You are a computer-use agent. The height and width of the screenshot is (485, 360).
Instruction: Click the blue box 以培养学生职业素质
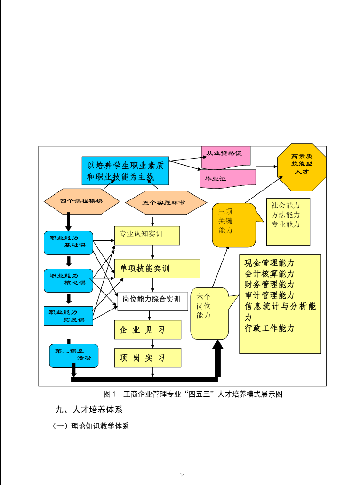coord(125,171)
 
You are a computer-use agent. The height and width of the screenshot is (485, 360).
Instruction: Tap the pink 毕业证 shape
coord(227,178)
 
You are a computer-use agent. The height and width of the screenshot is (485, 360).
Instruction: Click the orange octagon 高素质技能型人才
coord(301,167)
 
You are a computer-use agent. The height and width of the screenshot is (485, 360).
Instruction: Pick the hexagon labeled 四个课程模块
coord(81,201)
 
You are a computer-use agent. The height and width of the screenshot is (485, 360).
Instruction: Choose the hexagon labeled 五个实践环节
coord(166,203)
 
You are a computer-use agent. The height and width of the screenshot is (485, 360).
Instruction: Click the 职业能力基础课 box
coord(68,242)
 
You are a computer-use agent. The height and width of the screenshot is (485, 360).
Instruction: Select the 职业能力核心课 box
coord(68,280)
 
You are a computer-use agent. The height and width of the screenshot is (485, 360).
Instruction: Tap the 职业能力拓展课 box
coord(68,316)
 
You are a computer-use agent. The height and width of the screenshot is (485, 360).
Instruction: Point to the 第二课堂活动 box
coord(73,355)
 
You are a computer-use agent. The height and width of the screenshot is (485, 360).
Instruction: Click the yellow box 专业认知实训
coord(147,235)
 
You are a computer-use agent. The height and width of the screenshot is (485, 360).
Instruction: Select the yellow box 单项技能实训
coord(157,268)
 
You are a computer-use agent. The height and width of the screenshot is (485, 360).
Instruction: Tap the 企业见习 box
coord(147,329)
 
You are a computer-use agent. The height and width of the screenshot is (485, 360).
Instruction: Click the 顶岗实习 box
coord(147,358)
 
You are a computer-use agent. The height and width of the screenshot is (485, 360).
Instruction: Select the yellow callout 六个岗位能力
coord(207,312)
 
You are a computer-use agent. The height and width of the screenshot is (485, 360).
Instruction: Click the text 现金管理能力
coord(269,262)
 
